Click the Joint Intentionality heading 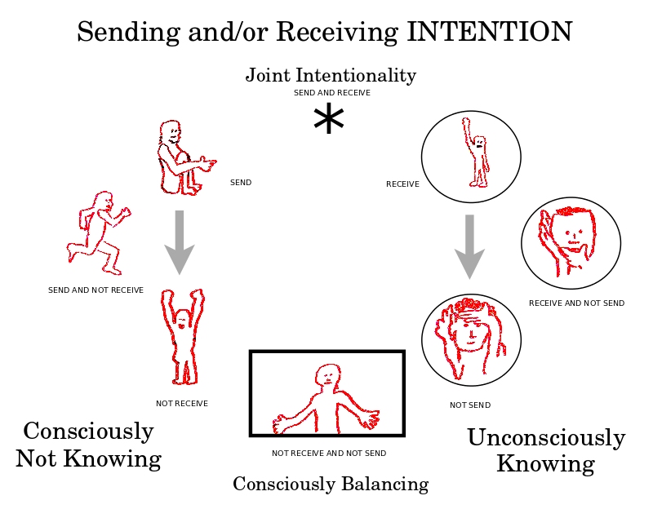(331, 76)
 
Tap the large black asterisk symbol (328, 121)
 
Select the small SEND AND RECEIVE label (331, 93)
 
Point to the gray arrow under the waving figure (470, 246)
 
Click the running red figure (98, 232)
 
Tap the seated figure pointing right (182, 159)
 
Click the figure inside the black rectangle (326, 399)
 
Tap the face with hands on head (469, 339)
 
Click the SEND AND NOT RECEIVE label (96, 290)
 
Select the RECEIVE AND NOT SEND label (576, 303)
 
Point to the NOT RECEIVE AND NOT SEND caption (329, 453)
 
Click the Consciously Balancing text (331, 484)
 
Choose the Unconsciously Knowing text (545, 450)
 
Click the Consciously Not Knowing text (88, 445)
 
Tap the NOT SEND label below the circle (470, 405)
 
